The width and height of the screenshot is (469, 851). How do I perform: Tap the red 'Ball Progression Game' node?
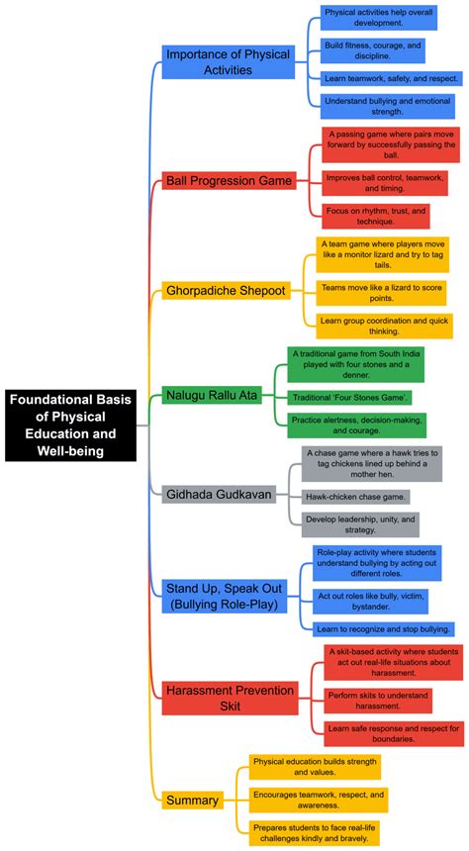point(229,181)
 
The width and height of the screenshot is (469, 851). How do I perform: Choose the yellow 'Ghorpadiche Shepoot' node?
point(226,291)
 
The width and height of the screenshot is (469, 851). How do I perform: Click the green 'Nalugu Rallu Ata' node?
point(211,396)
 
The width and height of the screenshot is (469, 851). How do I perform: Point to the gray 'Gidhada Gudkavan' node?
point(218,493)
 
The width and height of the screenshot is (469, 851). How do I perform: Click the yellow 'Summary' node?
point(192,800)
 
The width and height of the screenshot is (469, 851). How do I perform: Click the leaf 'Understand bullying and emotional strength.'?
point(388,105)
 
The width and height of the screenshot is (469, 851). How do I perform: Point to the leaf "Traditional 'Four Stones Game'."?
point(351,397)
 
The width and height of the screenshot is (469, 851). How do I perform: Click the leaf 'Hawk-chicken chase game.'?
point(355,496)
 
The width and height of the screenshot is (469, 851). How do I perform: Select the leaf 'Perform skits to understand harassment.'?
point(377,701)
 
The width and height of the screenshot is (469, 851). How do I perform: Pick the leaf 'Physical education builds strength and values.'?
point(314,767)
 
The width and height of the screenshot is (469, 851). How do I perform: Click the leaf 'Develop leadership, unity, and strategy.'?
point(360,524)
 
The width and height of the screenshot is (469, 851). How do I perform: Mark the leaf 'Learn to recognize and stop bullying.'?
point(384,628)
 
